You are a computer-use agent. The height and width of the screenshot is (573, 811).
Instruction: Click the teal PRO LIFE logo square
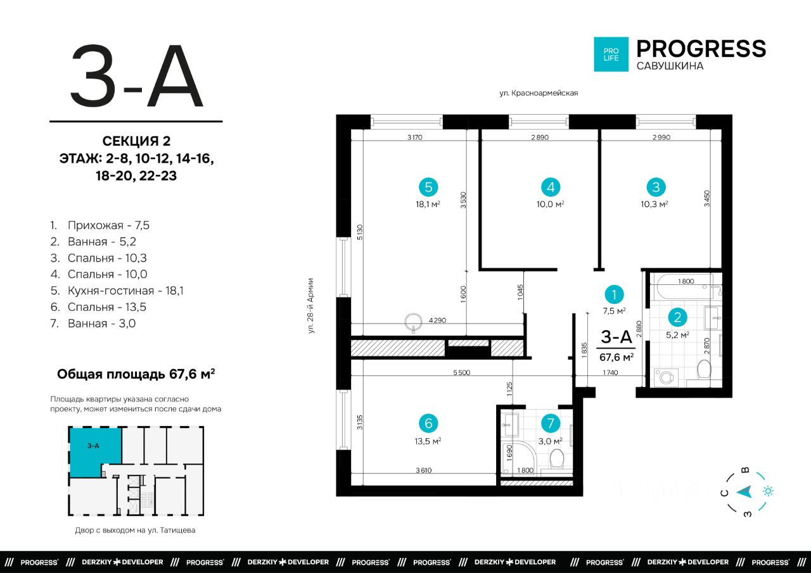click(x=611, y=54)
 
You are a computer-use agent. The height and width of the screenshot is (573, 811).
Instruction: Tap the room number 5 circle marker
click(x=428, y=187)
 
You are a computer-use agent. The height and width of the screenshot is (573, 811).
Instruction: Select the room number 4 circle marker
click(x=551, y=187)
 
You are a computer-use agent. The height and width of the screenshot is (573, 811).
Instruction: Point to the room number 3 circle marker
click(x=656, y=187)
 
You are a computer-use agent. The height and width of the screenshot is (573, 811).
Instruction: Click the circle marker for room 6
click(x=428, y=423)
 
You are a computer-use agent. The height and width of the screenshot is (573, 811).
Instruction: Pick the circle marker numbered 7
click(x=551, y=423)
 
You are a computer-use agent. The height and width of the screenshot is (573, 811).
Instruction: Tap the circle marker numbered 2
click(x=677, y=317)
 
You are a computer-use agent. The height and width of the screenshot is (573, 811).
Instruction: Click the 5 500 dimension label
click(x=462, y=372)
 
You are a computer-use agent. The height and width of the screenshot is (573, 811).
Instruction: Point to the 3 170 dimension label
click(x=415, y=137)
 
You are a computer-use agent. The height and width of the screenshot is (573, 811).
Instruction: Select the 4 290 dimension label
click(x=437, y=320)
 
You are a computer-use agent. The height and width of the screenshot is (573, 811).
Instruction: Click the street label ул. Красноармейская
click(x=539, y=93)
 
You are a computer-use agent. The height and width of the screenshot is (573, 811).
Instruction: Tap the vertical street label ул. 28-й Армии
click(x=310, y=306)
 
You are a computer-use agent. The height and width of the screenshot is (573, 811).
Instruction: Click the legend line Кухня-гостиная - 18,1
click(x=117, y=291)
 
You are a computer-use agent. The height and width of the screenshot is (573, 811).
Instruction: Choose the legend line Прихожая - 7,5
click(x=100, y=225)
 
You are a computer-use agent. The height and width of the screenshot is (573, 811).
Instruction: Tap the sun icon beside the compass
click(x=768, y=491)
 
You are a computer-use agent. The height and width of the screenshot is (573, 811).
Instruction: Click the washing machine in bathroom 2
click(x=666, y=377)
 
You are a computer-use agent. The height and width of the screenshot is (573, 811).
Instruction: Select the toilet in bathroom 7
click(x=556, y=459)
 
